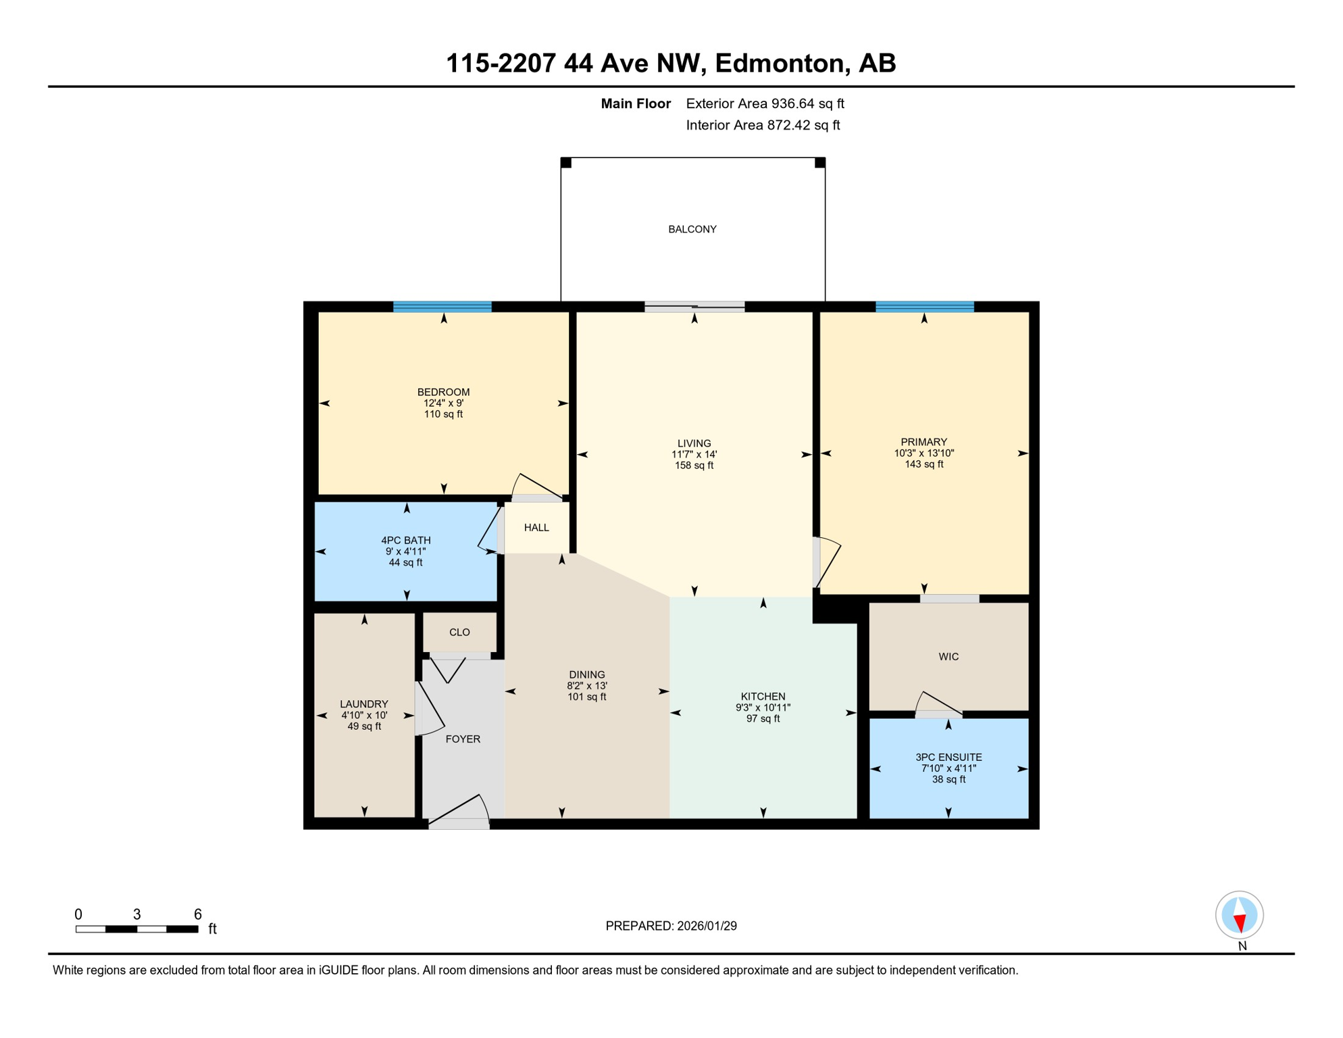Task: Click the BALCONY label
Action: click(692, 230)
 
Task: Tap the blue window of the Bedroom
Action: click(442, 307)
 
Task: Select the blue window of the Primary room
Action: click(925, 307)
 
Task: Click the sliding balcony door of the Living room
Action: click(694, 307)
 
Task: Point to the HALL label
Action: click(536, 528)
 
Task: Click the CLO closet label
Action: click(459, 633)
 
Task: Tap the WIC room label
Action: click(948, 657)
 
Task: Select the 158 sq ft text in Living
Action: click(694, 466)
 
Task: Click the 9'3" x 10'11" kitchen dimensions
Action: click(763, 708)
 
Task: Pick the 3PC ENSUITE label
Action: click(948, 758)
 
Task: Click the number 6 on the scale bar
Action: click(198, 914)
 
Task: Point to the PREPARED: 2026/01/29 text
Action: click(671, 926)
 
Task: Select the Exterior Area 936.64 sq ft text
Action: click(765, 103)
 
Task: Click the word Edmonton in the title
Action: click(780, 64)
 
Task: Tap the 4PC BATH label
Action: click(405, 541)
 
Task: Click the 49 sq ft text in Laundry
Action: click(364, 726)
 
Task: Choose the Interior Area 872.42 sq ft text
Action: click(763, 125)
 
